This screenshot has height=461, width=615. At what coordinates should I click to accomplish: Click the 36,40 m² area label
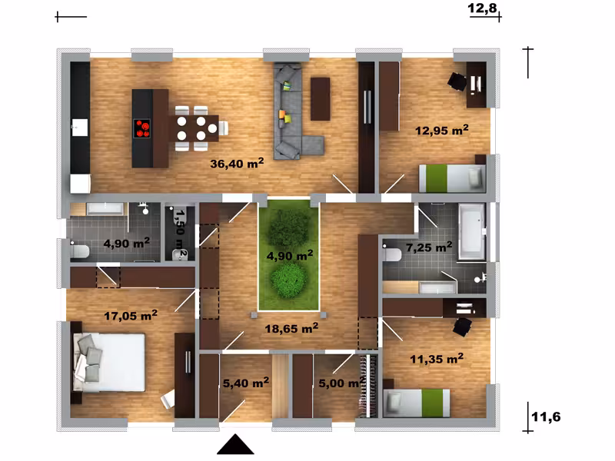click(x=237, y=163)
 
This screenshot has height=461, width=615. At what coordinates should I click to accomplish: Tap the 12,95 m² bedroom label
click(x=441, y=130)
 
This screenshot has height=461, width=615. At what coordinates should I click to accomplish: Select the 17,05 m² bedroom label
click(x=131, y=315)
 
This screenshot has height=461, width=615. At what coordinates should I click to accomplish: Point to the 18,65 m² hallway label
click(x=291, y=328)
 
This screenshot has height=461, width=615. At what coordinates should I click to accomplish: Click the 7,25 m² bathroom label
click(x=429, y=247)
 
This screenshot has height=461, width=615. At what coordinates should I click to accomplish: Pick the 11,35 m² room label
click(x=437, y=358)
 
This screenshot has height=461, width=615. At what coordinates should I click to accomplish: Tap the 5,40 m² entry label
click(x=246, y=383)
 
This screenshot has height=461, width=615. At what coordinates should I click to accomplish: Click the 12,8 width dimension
click(x=482, y=8)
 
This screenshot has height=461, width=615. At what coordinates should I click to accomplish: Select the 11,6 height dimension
click(x=546, y=416)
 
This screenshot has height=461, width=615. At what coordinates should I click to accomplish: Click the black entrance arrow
click(x=235, y=444)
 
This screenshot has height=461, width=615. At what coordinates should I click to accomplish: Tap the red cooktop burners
click(x=142, y=128)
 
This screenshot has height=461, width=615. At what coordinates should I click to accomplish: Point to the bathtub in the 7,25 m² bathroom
click(x=471, y=231)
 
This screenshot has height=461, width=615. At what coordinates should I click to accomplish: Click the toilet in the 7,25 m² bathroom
click(x=391, y=254)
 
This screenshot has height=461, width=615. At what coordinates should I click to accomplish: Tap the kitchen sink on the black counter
click(x=80, y=128)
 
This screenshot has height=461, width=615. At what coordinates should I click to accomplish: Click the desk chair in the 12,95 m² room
click(x=457, y=81)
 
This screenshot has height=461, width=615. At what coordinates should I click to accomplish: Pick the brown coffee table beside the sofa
click(x=320, y=99)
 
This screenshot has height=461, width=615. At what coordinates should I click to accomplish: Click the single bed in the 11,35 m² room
click(x=417, y=403)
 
